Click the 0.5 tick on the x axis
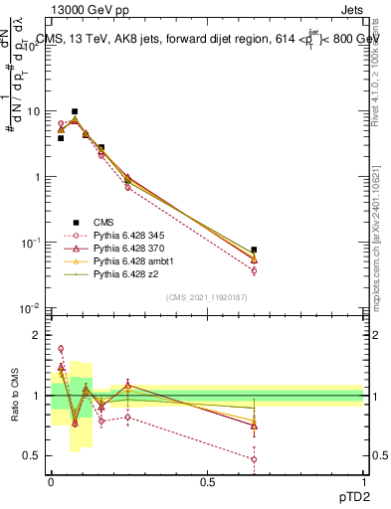[x=207, y=480]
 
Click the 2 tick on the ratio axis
[x=38, y=334]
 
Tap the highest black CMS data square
[x=75, y=111]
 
